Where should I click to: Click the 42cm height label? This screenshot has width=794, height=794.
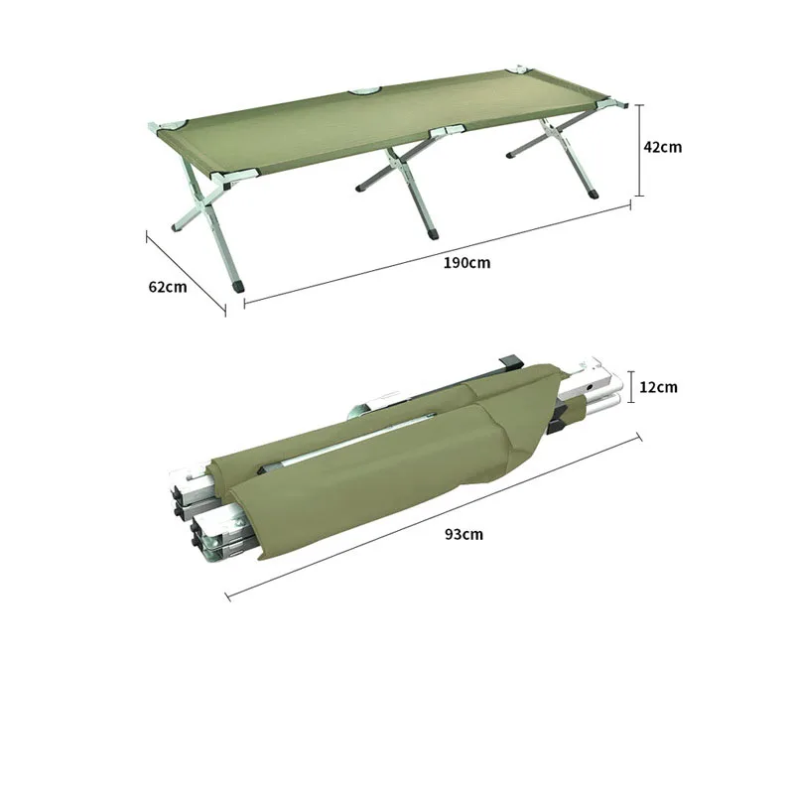(662, 147)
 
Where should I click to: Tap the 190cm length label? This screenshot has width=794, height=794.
(468, 263)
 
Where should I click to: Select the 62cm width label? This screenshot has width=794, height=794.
(167, 287)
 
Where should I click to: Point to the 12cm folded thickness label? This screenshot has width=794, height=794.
(658, 387)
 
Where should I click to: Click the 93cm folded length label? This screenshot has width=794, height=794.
(463, 534)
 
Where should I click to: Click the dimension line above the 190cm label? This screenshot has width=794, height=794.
(437, 253)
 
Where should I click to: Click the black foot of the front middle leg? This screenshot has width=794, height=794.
(434, 236)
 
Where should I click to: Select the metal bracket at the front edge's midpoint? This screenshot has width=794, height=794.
(444, 132)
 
